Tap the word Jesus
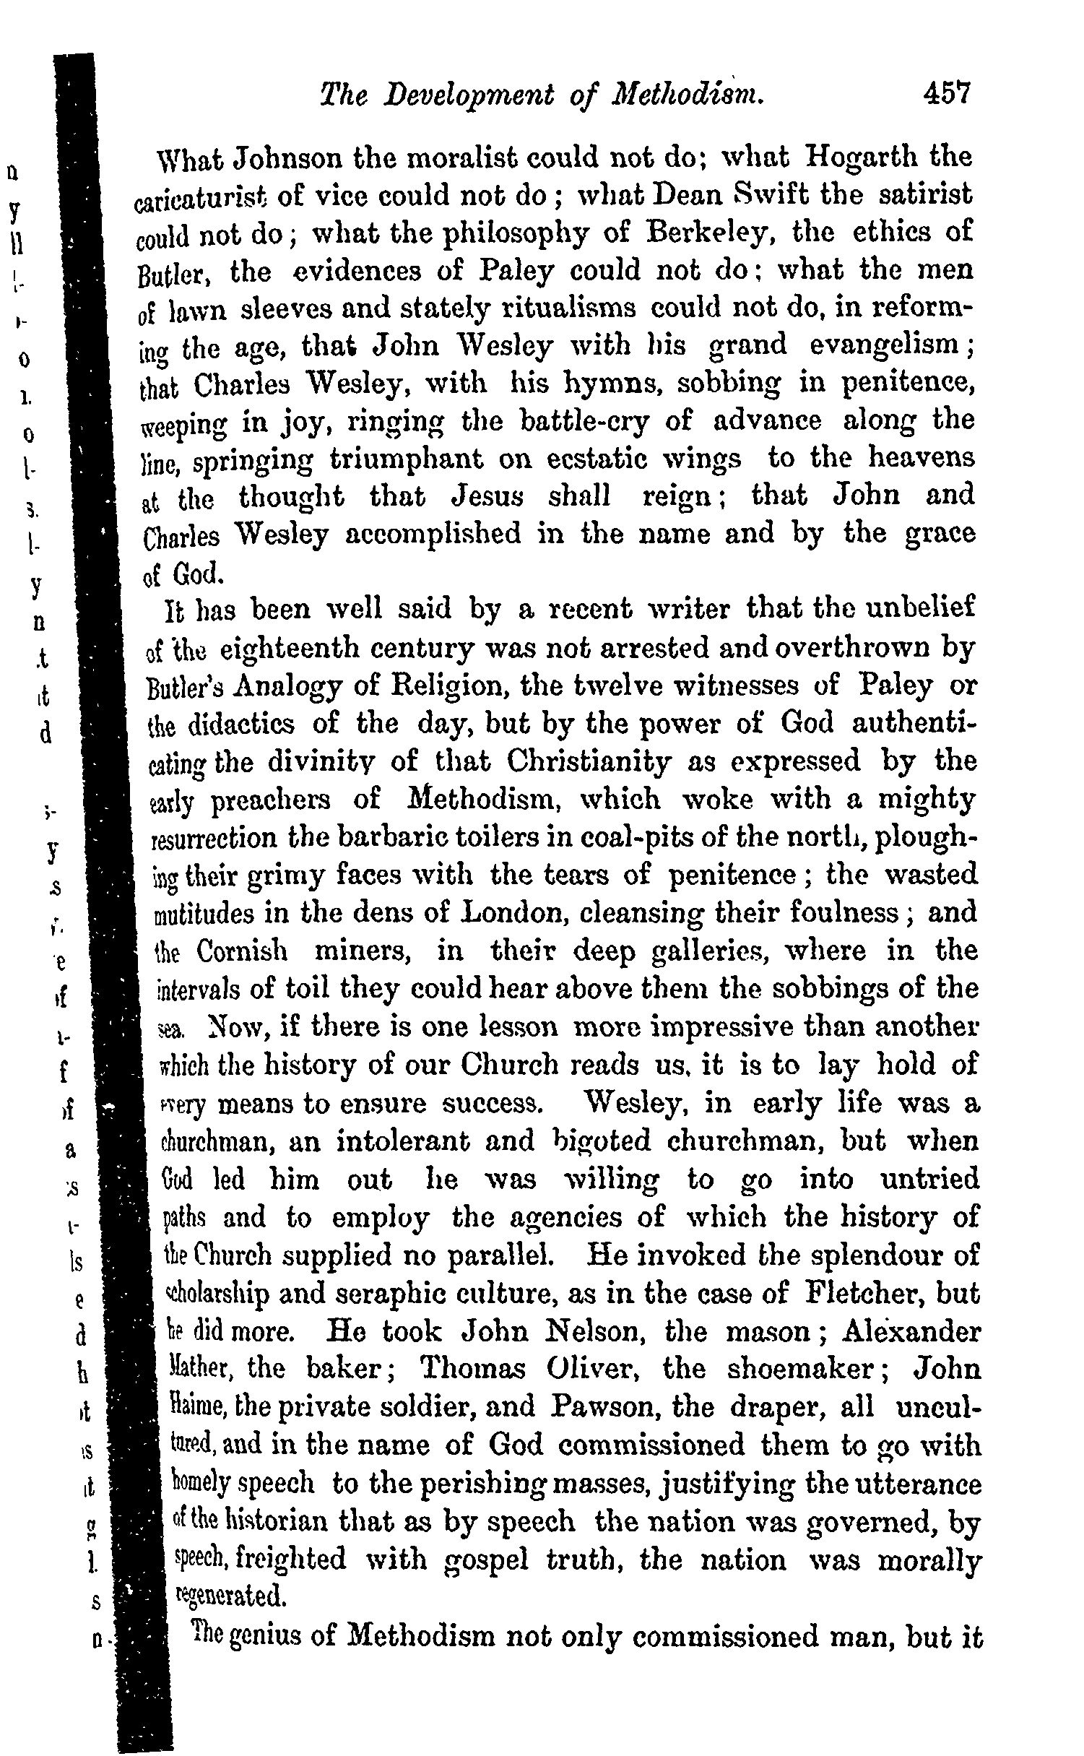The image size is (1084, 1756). [x=490, y=496]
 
